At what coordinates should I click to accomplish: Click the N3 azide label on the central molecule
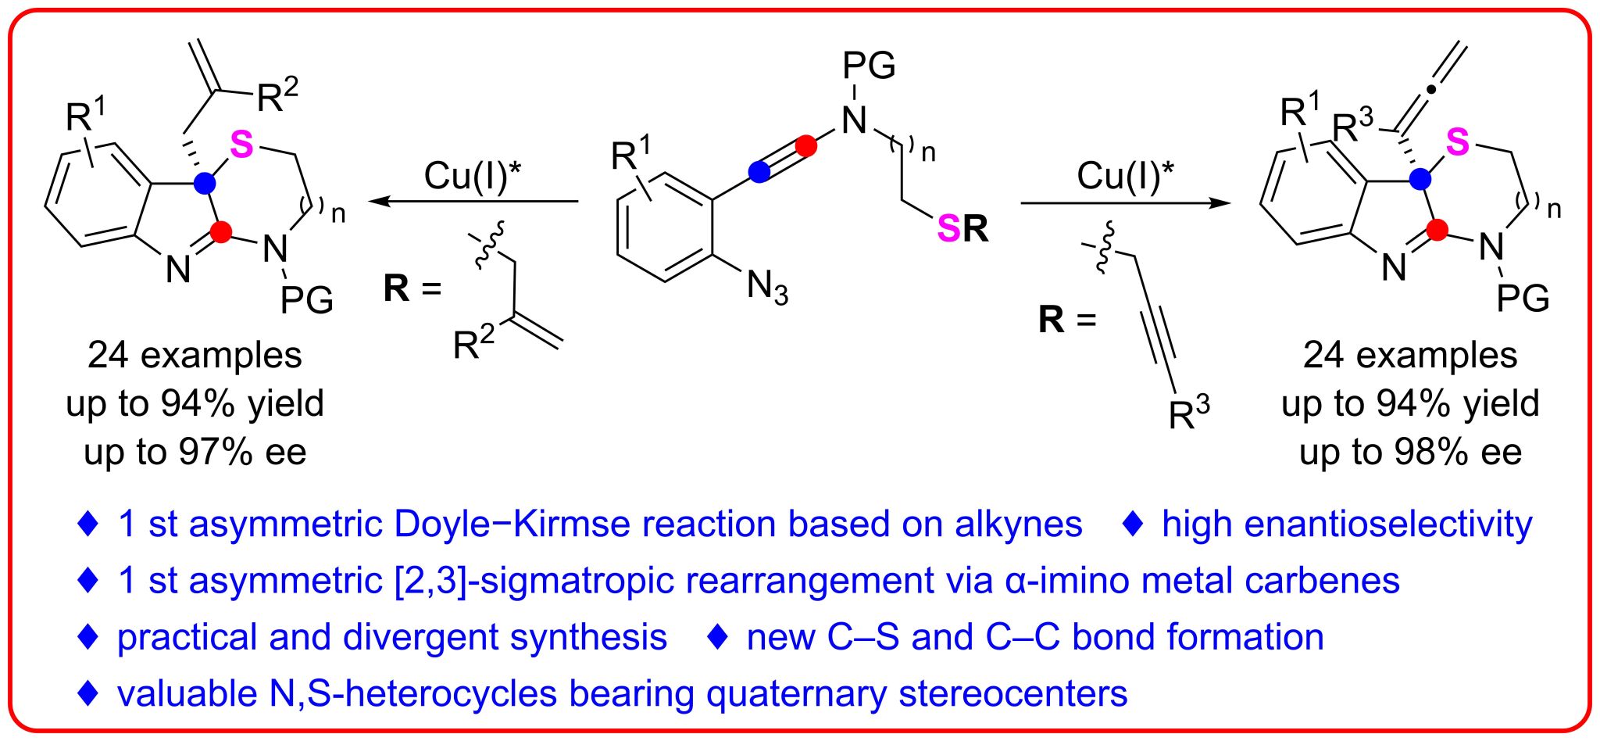[766, 287]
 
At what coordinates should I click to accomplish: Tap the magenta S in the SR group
[948, 228]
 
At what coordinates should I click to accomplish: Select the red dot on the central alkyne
[805, 146]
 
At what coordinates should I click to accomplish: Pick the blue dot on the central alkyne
[759, 172]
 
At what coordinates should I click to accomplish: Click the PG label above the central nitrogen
[869, 66]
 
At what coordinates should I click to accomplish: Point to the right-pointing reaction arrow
[1126, 203]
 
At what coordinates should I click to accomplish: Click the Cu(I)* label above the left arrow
[473, 175]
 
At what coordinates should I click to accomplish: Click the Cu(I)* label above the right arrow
[1125, 175]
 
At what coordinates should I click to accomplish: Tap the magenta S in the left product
[242, 145]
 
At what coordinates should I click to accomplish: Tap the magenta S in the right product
[1457, 142]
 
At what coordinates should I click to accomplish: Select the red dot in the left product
[221, 231]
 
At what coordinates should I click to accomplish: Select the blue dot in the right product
[1420, 179]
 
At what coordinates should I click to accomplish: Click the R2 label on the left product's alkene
[277, 95]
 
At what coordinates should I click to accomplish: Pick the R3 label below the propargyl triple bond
[1188, 413]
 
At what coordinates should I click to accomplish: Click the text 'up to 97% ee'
[195, 453]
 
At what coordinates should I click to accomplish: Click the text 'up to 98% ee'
[1410, 453]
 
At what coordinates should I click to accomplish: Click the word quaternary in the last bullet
[796, 693]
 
